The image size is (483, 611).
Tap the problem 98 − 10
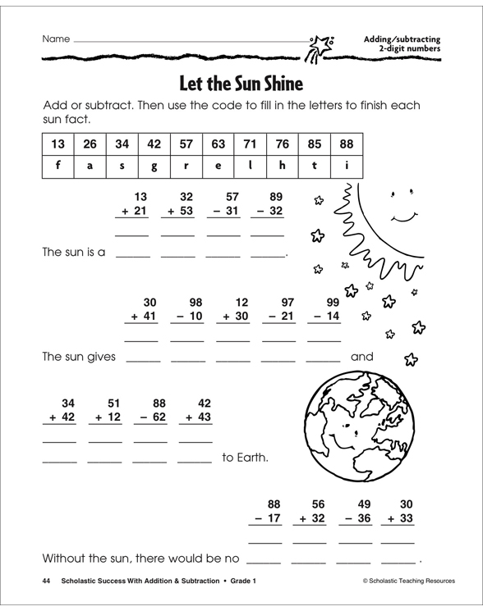(x=187, y=309)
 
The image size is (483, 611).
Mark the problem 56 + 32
(x=310, y=513)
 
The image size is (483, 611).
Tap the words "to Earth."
(x=245, y=458)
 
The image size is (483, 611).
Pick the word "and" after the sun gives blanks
(x=362, y=357)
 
